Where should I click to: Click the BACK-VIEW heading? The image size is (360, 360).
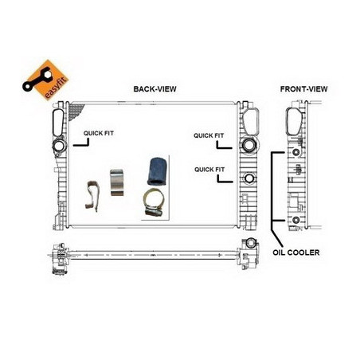point(155,89)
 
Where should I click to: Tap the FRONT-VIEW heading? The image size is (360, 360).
point(303,89)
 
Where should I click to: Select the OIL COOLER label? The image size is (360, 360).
point(296,252)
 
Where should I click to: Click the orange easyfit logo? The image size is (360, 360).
point(45,80)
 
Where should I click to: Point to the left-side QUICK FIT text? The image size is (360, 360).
point(99,133)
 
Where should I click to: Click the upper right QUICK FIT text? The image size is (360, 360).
point(209,135)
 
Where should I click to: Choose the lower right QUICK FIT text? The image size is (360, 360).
point(209,170)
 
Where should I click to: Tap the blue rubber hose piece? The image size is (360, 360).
point(157,171)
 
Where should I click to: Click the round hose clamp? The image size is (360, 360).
point(154,202)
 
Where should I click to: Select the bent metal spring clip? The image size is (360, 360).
point(92,196)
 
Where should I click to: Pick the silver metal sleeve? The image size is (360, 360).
point(117,182)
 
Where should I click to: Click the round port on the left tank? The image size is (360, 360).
point(59,146)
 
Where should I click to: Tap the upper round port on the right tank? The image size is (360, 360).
point(249,145)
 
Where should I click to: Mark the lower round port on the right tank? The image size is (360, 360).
point(249,178)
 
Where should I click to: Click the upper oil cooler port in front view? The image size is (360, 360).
point(295,152)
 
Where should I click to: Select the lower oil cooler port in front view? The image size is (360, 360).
point(295,220)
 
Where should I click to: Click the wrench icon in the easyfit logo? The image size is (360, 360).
point(37,79)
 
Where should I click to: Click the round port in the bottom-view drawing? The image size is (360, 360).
point(251,243)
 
